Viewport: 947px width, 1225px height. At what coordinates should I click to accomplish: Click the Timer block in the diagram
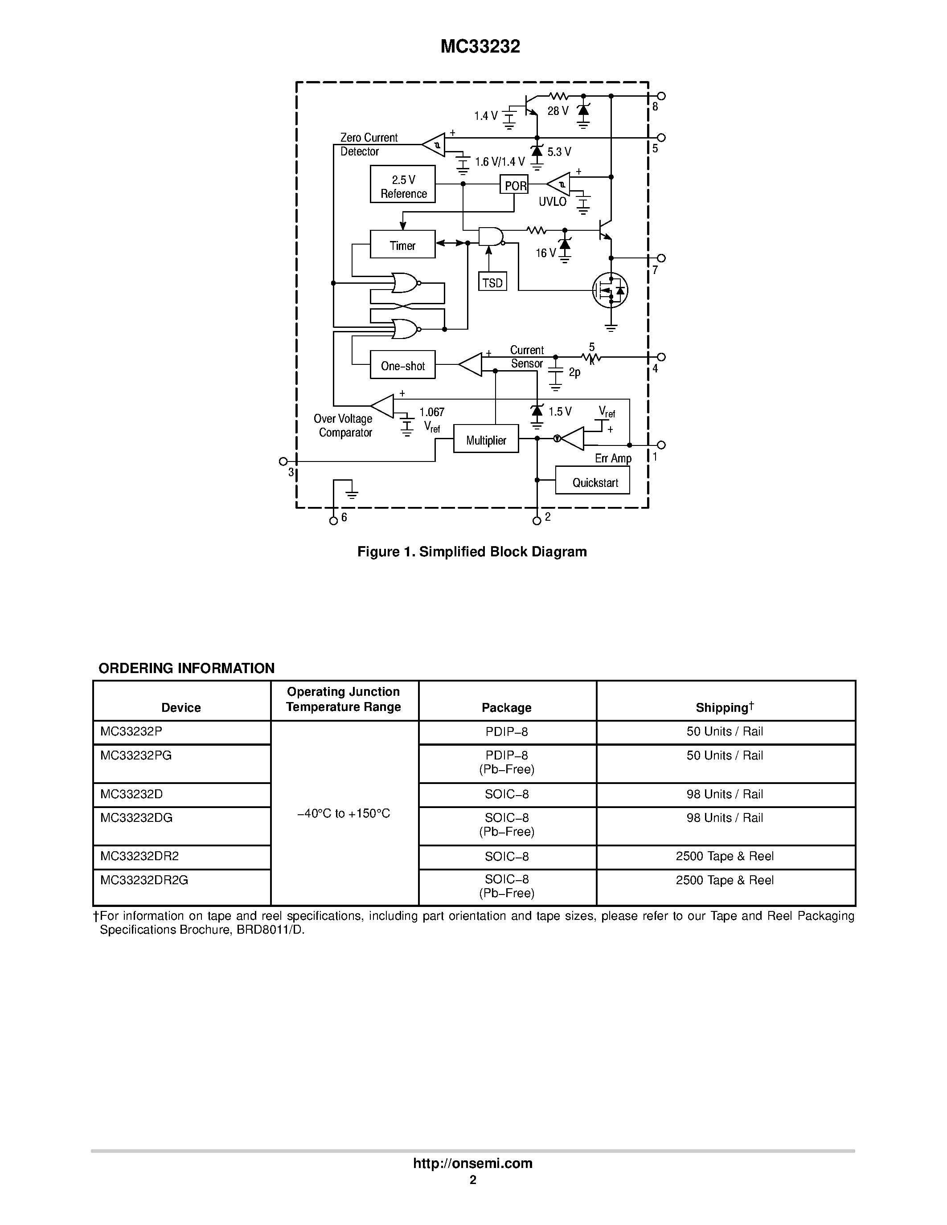[402, 245]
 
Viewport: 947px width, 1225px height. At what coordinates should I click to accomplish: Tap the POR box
[514, 184]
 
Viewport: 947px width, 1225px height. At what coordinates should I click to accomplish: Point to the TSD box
[492, 282]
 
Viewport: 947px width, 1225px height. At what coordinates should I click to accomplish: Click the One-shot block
[402, 365]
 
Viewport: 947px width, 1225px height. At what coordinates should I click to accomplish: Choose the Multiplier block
[486, 439]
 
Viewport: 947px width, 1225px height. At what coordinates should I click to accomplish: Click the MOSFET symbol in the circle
[611, 290]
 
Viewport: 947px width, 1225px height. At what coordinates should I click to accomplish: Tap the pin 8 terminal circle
[661, 96]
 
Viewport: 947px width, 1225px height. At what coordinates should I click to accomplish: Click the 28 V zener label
[558, 111]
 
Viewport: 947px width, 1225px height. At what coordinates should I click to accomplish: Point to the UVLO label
[553, 201]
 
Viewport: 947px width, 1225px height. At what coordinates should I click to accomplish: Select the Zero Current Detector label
[369, 144]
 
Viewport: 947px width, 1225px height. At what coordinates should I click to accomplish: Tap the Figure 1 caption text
[472, 551]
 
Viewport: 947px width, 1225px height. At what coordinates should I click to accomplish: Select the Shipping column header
[725, 707]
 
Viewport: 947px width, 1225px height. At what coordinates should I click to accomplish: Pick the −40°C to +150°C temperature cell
[343, 813]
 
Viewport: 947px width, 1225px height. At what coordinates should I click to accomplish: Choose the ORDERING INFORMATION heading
[186, 668]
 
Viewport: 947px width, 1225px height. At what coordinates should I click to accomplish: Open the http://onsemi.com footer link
[472, 1163]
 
